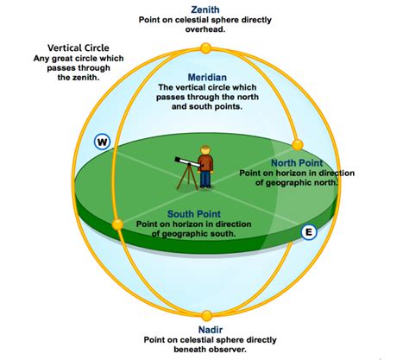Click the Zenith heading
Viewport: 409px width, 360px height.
(x=205, y=9)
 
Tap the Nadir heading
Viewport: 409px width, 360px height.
(x=211, y=330)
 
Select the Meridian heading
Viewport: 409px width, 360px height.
(x=207, y=77)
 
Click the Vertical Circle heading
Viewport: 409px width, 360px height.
(x=79, y=47)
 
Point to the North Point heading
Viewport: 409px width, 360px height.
(x=297, y=163)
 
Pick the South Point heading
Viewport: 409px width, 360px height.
(x=194, y=214)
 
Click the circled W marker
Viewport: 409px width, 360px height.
(x=102, y=142)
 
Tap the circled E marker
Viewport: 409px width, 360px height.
(x=309, y=231)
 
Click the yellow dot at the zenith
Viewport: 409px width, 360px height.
(x=205, y=48)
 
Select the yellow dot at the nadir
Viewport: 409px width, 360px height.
(x=206, y=316)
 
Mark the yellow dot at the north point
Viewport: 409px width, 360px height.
(x=298, y=144)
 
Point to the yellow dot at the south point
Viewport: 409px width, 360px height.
(x=117, y=224)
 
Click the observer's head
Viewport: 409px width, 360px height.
(x=205, y=150)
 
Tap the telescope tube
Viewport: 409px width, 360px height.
(x=187, y=162)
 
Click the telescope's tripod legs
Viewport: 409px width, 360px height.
(x=187, y=178)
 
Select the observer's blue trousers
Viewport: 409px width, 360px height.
(x=205, y=180)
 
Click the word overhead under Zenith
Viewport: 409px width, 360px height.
(x=204, y=29)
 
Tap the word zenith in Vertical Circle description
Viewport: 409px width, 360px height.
(x=86, y=78)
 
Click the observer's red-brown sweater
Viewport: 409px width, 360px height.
(x=205, y=163)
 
